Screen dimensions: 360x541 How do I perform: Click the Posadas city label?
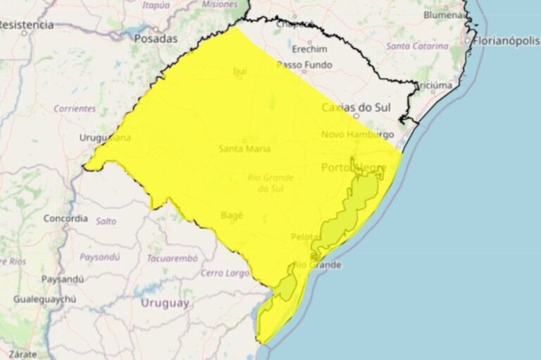(x=156, y=39)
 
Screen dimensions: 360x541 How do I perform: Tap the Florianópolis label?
(x=506, y=41)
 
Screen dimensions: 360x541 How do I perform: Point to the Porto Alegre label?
(x=354, y=168)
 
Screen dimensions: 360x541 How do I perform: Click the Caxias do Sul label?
(x=356, y=108)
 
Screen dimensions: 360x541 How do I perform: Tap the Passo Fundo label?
(x=304, y=65)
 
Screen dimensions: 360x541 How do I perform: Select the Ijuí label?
(x=240, y=71)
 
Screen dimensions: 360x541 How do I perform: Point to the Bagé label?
(x=232, y=214)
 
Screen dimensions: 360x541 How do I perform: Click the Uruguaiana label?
(x=105, y=137)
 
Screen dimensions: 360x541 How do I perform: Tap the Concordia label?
(x=66, y=218)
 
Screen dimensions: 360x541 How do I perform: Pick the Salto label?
(x=106, y=221)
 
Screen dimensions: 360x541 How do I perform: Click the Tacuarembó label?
(x=172, y=258)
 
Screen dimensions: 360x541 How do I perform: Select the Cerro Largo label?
(x=225, y=273)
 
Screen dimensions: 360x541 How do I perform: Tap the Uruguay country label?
(x=165, y=303)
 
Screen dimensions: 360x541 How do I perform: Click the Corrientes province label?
(x=75, y=108)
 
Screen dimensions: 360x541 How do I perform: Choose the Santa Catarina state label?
(x=416, y=46)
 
